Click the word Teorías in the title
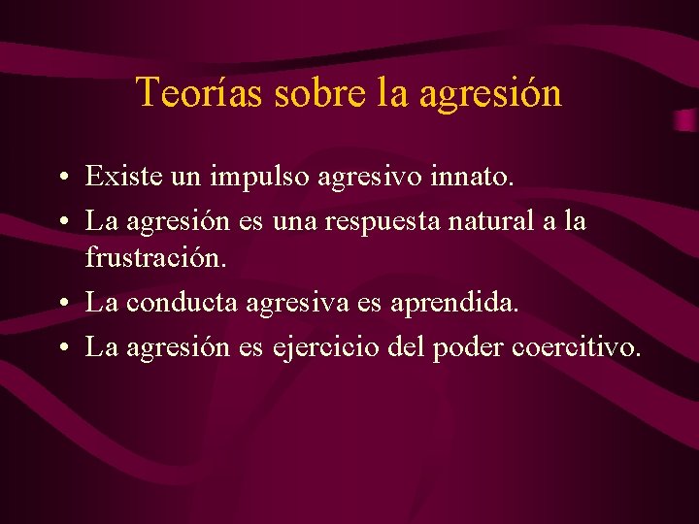(x=199, y=93)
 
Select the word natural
(x=496, y=220)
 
